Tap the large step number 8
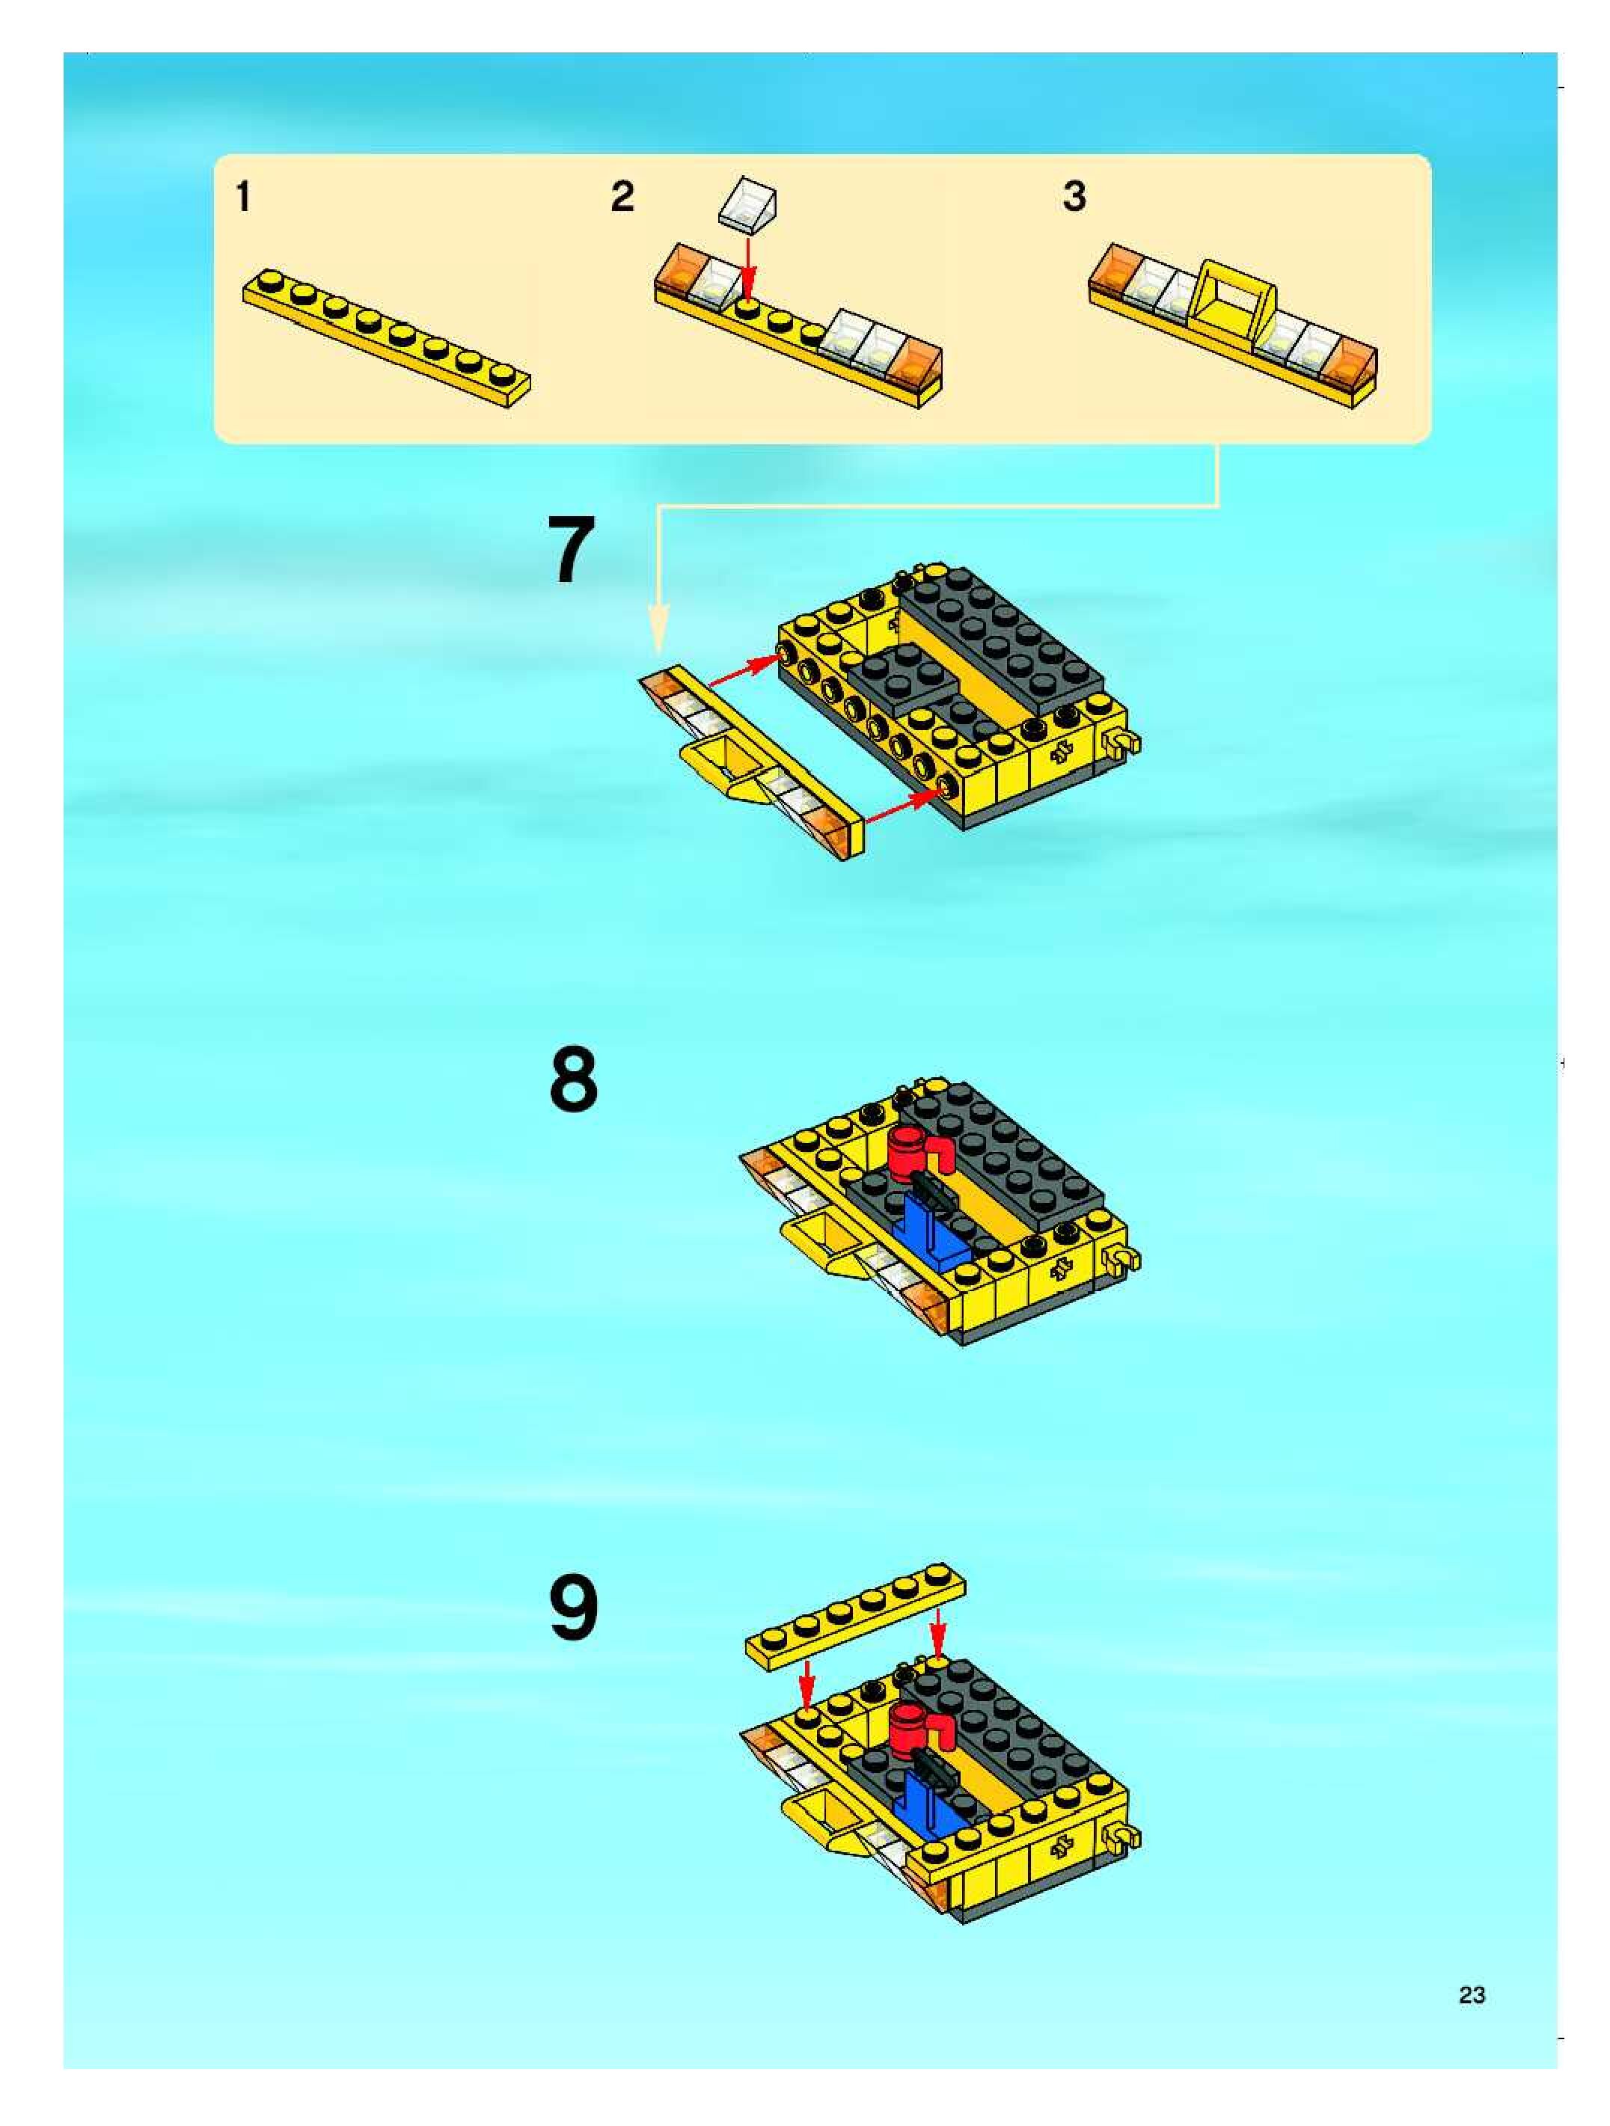click(x=574, y=1080)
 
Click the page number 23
click(x=1472, y=1994)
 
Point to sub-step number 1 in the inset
click(x=244, y=197)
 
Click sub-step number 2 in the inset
click(x=623, y=197)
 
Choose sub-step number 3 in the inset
click(x=1074, y=197)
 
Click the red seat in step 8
click(x=917, y=1151)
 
